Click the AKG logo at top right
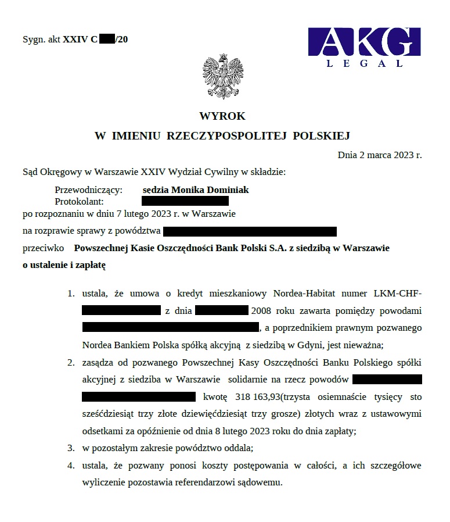click(x=363, y=42)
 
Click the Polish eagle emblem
click(x=222, y=76)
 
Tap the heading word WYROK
click(x=222, y=116)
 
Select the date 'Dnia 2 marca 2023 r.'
click(x=379, y=155)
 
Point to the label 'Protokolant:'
click(x=79, y=201)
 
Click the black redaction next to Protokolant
click(x=185, y=201)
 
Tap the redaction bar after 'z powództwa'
click(x=250, y=231)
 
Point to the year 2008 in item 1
click(x=261, y=310)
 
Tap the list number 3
click(x=70, y=448)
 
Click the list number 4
click(x=70, y=466)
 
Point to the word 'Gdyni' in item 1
click(x=309, y=345)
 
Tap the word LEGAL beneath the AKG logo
click(x=365, y=63)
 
